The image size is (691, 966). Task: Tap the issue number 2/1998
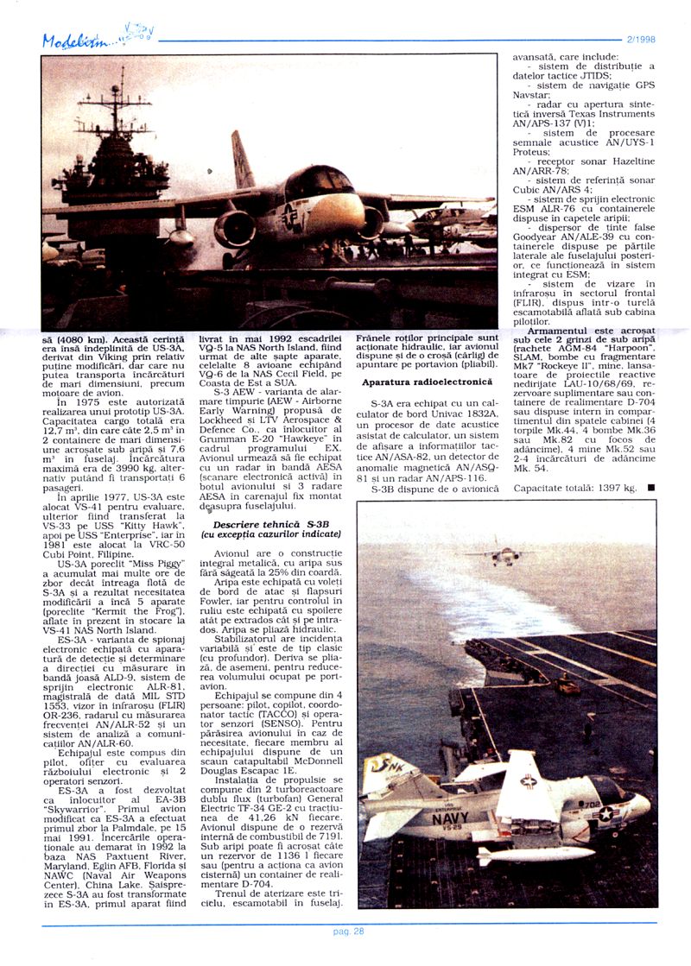click(x=640, y=40)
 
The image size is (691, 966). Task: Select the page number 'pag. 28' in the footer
click(x=348, y=931)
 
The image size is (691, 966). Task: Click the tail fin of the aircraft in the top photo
click(x=242, y=161)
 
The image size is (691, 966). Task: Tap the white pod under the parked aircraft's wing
click(x=535, y=856)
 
